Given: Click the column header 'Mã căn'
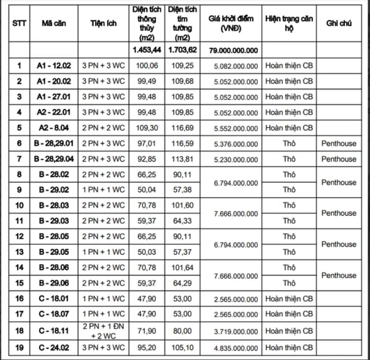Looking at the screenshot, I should (x=53, y=23).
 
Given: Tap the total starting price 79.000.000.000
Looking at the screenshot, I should (x=233, y=51).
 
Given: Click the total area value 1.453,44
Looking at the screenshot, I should (x=147, y=50).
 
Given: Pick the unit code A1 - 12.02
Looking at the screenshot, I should (x=54, y=66).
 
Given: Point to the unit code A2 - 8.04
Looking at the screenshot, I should (x=54, y=128).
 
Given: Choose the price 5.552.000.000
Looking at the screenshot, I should (x=236, y=129).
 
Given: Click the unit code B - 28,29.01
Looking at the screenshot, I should (x=54, y=143).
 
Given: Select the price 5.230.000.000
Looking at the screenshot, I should (x=236, y=159).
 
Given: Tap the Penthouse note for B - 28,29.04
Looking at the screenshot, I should (x=339, y=159).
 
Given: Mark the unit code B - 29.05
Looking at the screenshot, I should (x=54, y=252).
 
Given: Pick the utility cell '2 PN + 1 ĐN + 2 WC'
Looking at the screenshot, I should (x=103, y=331).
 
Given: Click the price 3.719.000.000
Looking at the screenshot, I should (x=236, y=332).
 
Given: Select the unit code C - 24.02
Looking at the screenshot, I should (x=54, y=347).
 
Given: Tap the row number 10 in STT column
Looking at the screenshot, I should (x=19, y=206).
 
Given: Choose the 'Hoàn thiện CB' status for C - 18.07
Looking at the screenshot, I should (x=289, y=314).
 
